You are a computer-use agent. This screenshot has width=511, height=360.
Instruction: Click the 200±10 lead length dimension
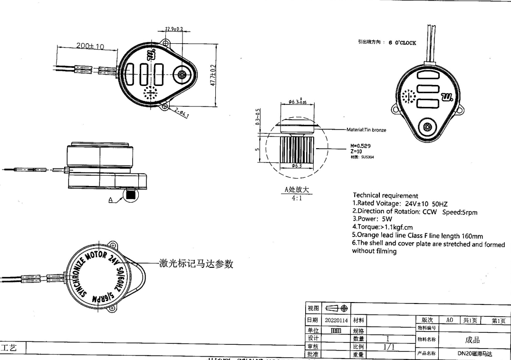point(90,46)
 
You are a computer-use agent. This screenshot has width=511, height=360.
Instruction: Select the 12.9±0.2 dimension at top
point(174,29)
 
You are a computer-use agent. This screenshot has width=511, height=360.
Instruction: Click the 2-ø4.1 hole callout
point(181,113)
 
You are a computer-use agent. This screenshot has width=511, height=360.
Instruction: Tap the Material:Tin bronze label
point(366,130)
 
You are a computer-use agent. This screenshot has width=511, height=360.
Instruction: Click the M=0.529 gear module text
point(360,146)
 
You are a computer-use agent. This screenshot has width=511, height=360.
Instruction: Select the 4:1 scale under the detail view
point(297,198)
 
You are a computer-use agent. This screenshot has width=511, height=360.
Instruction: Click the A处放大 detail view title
point(297,190)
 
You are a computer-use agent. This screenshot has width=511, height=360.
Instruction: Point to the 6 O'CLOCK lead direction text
point(402,43)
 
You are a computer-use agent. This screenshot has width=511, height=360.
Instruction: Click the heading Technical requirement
point(386,195)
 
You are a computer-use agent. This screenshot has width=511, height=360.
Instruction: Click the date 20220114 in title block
point(337,321)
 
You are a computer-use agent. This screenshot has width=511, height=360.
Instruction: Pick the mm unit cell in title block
point(337,330)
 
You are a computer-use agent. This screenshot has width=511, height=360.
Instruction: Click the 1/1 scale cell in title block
point(388,347)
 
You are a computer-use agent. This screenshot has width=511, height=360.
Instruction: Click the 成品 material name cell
point(472,339)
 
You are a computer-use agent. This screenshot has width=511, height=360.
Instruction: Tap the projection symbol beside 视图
point(337,309)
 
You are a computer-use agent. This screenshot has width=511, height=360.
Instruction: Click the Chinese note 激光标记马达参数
point(195,264)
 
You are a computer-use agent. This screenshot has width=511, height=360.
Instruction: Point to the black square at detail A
point(131,194)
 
